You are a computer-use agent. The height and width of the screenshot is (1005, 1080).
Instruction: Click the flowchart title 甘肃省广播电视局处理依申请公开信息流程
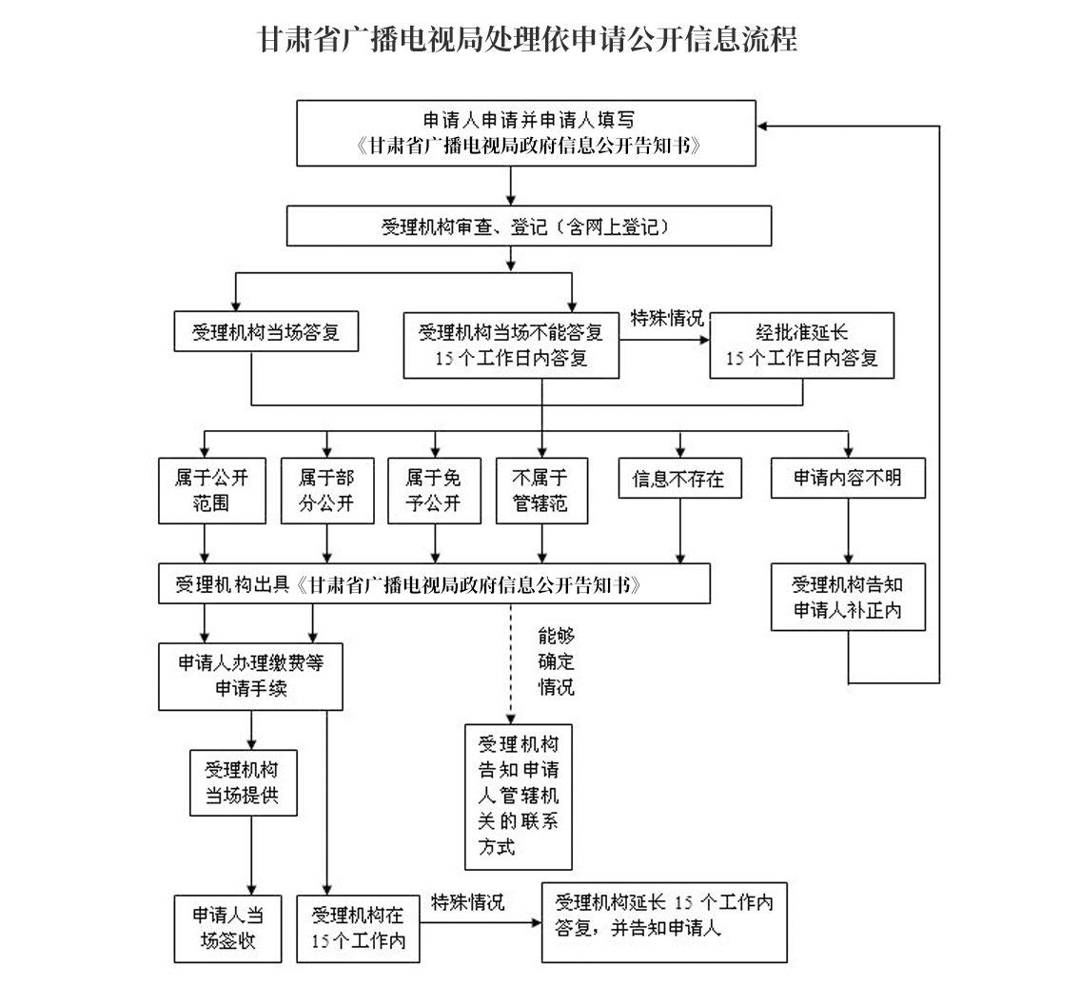(527, 39)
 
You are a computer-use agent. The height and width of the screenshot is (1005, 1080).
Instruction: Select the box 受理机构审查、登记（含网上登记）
(529, 226)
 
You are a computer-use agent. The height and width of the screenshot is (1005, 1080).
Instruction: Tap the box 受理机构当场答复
(265, 332)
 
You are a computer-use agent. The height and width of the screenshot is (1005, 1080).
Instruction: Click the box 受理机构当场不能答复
(511, 345)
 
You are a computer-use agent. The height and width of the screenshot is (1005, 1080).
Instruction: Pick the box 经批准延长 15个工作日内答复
(802, 345)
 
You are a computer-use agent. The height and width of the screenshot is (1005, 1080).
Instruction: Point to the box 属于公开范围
(212, 490)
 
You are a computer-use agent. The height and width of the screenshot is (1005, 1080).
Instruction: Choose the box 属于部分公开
(327, 490)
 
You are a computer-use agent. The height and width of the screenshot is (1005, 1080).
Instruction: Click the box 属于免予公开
(434, 490)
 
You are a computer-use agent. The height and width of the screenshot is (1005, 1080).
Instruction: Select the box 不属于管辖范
(541, 490)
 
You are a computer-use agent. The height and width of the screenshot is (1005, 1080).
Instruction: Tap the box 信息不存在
(679, 478)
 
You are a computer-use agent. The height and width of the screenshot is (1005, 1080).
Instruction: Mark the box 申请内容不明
(848, 478)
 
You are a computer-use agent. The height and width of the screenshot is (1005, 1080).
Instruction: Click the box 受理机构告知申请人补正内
(848, 598)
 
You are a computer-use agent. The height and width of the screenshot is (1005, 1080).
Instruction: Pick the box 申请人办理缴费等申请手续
(250, 677)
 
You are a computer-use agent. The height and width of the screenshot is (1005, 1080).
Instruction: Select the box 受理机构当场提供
(244, 783)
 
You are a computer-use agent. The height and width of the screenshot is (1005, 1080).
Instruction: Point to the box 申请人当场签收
(228, 929)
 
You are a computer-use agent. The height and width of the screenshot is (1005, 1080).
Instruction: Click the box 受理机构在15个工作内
(358, 929)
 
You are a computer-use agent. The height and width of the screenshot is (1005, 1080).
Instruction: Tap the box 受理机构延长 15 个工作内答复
(664, 922)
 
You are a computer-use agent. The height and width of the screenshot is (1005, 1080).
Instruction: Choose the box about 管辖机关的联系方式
(519, 797)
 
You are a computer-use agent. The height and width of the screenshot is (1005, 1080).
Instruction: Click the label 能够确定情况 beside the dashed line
(556, 661)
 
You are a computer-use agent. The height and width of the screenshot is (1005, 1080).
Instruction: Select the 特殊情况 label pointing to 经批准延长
(667, 318)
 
